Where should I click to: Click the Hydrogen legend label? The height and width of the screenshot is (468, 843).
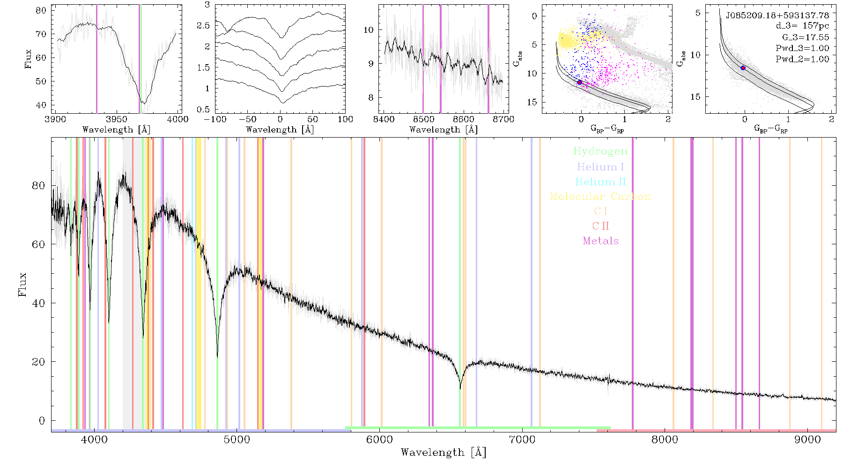point(600,152)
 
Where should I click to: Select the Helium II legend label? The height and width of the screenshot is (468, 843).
point(600,182)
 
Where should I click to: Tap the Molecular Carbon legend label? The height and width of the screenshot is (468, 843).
point(600,197)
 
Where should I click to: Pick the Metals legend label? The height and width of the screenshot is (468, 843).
point(600,241)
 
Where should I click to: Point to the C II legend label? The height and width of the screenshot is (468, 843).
point(600,226)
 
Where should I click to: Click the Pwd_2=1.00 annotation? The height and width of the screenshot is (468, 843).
point(802,59)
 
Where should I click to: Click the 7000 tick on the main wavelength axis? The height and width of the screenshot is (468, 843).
point(522,439)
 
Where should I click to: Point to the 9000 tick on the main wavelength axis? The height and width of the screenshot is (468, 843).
point(807,439)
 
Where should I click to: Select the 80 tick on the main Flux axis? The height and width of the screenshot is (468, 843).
point(39,186)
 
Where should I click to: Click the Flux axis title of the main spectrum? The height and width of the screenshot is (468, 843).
point(22,285)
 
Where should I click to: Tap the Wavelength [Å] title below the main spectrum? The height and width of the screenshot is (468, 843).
point(444,453)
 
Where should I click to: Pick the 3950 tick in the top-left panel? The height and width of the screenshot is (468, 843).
point(117,119)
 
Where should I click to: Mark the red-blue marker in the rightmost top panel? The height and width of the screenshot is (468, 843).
point(743,68)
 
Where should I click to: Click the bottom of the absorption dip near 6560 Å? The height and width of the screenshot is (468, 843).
point(460,388)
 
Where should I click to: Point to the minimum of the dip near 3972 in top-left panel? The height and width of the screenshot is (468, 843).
point(144,103)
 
